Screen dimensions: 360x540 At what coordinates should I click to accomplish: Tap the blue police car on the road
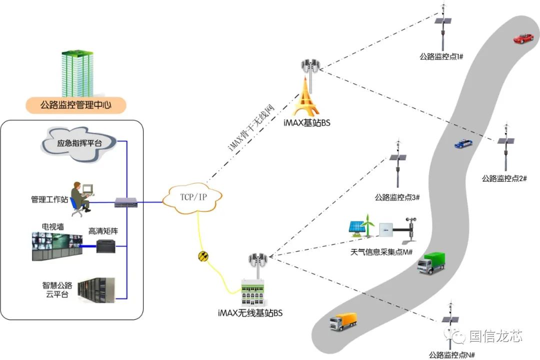click(x=463, y=143)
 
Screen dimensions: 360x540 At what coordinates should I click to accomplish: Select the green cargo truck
click(x=430, y=263)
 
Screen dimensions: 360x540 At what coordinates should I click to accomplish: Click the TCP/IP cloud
click(x=192, y=197)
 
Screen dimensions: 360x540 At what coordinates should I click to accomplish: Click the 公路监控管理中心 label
click(x=76, y=106)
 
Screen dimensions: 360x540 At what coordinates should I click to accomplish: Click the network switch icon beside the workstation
click(x=122, y=202)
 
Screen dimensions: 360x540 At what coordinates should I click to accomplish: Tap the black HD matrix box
click(x=106, y=246)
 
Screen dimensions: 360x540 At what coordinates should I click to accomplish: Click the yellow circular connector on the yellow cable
click(x=203, y=256)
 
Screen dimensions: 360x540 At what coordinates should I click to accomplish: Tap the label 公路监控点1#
click(x=441, y=57)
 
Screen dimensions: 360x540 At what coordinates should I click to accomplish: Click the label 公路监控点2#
click(x=503, y=178)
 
